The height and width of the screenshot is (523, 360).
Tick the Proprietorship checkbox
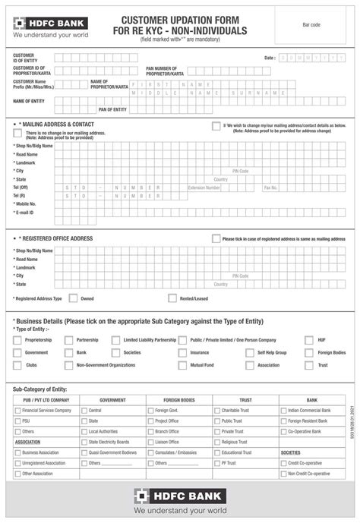pyautogui.click(x=17, y=341)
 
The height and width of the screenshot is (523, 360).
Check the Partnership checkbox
pyautogui.click(x=68, y=341)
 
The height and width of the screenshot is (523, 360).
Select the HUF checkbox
pyautogui.click(x=308, y=341)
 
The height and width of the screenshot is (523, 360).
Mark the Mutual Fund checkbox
pyautogui.click(x=182, y=365)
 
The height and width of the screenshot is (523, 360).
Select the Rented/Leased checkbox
pyautogui.click(x=172, y=298)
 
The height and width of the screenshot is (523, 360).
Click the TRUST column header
pyautogui.click(x=245, y=399)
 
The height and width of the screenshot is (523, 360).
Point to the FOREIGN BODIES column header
pyautogui.click(x=178, y=399)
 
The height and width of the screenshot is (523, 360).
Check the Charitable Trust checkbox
pyautogui.click(x=216, y=411)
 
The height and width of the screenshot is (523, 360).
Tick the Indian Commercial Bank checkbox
pyautogui.click(x=283, y=411)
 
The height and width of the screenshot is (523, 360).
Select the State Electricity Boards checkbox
pyautogui.click(x=84, y=442)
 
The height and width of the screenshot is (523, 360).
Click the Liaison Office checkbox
pyautogui.click(x=150, y=442)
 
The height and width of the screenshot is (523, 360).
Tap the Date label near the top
pyautogui.click(x=270, y=58)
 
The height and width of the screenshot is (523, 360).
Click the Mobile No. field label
pyautogui.click(x=25, y=203)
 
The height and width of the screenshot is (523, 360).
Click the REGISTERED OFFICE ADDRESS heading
pyautogui.click(x=55, y=238)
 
